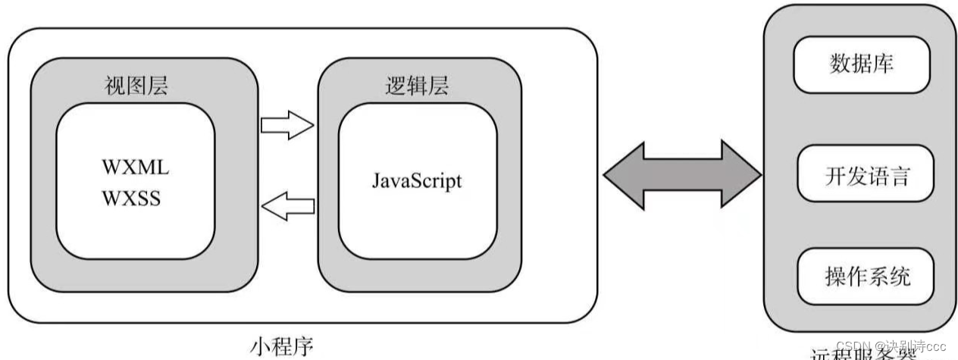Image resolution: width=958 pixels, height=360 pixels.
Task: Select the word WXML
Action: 135,167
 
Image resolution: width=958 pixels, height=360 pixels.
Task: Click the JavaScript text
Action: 416,181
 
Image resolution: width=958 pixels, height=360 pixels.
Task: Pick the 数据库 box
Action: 860,64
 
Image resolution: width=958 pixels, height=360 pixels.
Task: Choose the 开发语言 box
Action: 866,177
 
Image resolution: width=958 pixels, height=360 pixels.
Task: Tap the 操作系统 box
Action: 866,276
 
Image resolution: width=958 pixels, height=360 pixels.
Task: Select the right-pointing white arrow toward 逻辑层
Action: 286,127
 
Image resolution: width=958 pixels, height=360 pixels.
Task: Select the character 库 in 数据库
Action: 882,64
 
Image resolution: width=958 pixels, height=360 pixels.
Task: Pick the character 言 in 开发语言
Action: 899,177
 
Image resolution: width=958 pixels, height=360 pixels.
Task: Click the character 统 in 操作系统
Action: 900,276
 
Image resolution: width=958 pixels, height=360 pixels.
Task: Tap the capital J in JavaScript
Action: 376,181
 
